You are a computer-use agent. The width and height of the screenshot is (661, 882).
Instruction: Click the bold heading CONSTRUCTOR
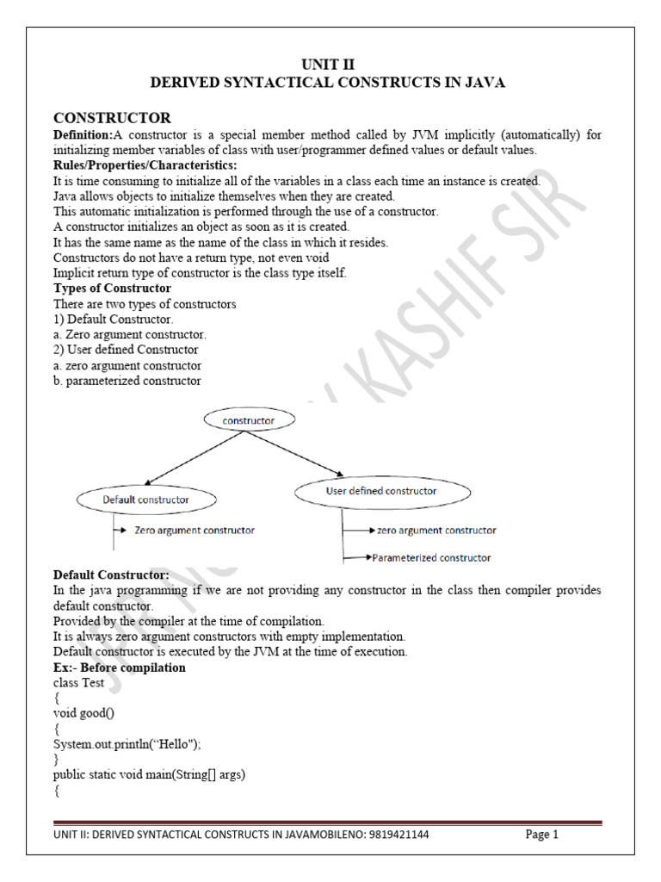(112, 118)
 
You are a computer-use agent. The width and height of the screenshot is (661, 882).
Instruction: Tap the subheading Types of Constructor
(112, 288)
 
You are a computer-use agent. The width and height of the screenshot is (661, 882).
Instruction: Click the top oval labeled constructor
(250, 420)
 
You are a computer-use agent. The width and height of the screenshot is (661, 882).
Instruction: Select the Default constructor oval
(145, 499)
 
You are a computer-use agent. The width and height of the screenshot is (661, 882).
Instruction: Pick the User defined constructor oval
(381, 491)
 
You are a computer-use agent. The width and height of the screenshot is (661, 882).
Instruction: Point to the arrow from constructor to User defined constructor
(298, 453)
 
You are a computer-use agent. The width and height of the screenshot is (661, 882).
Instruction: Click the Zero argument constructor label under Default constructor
(194, 531)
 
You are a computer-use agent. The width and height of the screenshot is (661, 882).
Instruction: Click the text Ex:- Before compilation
(119, 668)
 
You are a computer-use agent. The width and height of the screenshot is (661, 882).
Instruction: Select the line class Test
(78, 683)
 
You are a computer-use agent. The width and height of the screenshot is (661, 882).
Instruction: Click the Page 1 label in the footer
(542, 835)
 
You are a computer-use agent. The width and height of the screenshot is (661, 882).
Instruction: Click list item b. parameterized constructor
(127, 381)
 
